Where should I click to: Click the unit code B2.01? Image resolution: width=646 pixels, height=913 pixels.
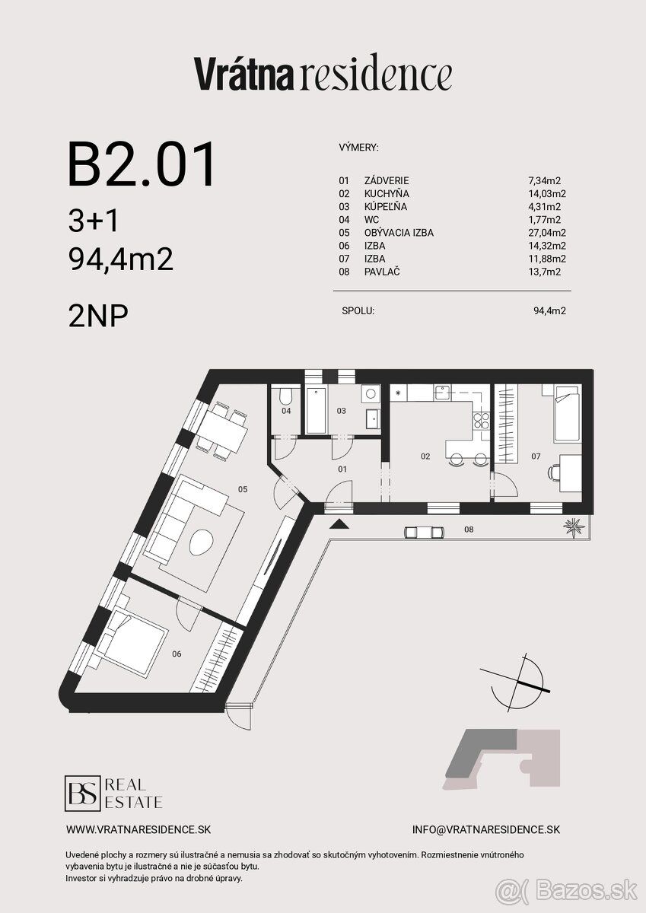142,164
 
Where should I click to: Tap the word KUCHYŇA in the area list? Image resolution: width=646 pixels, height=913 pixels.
387,193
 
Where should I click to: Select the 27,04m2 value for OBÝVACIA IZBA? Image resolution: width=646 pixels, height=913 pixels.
547,233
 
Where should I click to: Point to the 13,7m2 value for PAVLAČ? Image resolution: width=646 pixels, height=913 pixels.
545,272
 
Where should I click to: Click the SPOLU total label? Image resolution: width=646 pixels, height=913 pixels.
358,311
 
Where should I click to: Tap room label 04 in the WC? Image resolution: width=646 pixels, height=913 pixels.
286,411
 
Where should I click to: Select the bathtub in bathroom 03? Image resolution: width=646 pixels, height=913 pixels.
317,411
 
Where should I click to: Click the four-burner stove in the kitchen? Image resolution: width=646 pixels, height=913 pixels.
481,420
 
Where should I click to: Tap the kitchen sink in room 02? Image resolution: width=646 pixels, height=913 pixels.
441,393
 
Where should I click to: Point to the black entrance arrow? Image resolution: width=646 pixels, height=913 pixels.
338,524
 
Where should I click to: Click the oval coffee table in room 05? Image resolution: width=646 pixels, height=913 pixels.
201,542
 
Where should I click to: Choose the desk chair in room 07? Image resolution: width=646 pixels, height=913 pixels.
553,472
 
